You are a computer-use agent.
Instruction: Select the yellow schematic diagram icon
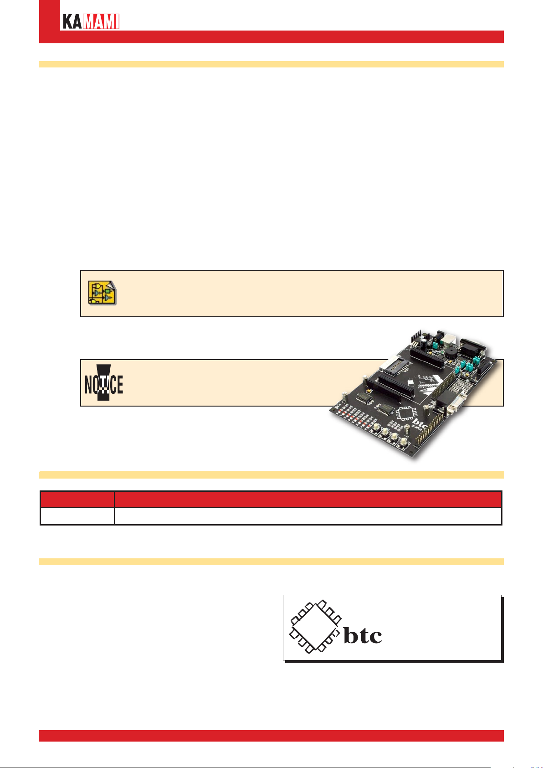point(102,293)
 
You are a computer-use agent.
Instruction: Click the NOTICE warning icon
point(104,383)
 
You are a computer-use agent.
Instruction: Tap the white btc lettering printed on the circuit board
point(419,423)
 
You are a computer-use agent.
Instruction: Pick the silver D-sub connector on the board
point(451,404)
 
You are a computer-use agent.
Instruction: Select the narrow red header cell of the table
point(77,500)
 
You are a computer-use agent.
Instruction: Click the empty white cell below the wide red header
point(307,516)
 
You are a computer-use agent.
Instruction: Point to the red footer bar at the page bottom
point(271,736)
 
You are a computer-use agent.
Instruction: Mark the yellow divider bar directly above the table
point(271,475)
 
